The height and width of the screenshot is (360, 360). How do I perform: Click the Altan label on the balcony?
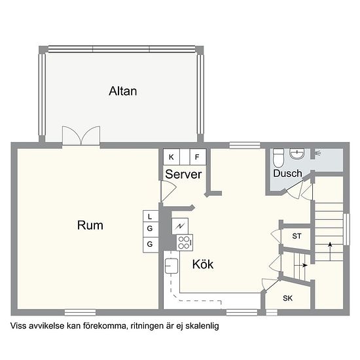[123, 91]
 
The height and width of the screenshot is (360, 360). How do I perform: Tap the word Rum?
[90, 225]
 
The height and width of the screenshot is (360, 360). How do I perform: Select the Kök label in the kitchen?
[203, 264]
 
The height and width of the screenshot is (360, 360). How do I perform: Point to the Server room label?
[183, 175]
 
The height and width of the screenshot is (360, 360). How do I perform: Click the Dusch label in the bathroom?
[287, 173]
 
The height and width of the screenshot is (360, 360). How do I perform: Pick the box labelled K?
[171, 157]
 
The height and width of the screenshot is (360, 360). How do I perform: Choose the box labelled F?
[196, 157]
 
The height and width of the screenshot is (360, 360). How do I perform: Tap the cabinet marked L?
[150, 216]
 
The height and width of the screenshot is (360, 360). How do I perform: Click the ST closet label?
[297, 236]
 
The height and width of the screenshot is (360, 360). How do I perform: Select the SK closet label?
[288, 298]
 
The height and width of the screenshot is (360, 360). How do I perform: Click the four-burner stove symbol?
[184, 243]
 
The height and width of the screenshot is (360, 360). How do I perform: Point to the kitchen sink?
[172, 266]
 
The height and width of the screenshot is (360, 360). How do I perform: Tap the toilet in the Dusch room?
[278, 158]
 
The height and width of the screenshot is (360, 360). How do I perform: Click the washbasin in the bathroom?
[297, 154]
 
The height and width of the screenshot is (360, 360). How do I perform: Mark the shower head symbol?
[318, 153]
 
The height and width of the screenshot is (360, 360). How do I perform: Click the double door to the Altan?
[81, 135]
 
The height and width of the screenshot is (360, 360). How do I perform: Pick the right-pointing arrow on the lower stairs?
[302, 265]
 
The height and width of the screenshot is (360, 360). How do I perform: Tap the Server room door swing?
[167, 191]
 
